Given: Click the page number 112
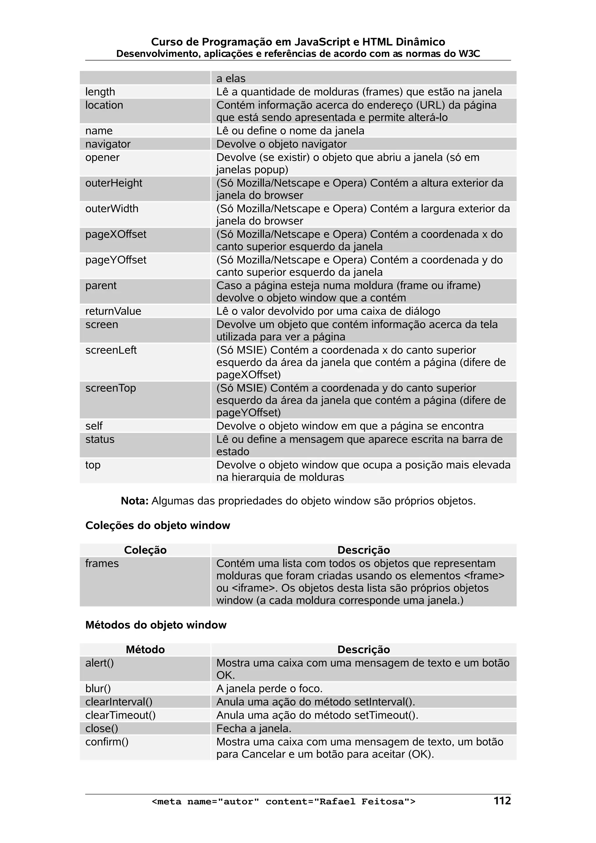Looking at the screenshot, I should (502, 801).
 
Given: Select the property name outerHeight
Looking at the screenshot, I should (113, 183).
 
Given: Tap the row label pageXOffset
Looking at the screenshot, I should (116, 234).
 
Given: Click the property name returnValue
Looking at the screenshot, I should (113, 311).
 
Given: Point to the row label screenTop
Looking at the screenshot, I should (111, 388).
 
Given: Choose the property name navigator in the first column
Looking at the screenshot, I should (108, 144).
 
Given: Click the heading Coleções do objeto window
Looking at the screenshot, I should (157, 525).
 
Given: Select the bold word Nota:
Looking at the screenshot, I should (134, 501).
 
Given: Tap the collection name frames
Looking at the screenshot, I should (102, 563).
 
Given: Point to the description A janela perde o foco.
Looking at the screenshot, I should (269, 689).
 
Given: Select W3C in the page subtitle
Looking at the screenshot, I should (469, 54).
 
